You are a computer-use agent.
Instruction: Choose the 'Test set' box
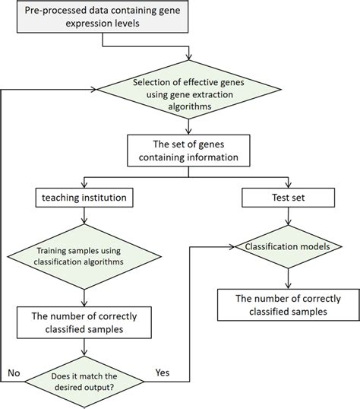285,198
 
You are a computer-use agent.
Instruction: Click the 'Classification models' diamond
285,247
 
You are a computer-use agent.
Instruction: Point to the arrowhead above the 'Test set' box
285,185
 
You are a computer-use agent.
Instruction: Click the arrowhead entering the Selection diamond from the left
96,89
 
